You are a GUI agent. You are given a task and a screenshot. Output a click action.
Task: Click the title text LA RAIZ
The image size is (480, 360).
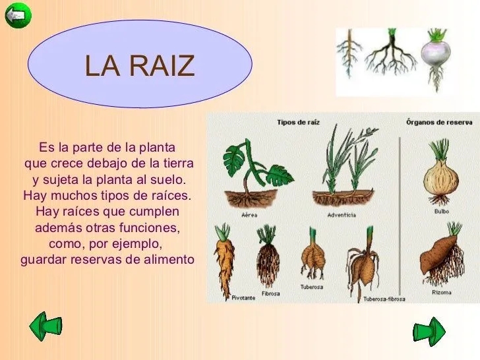click(x=140, y=65)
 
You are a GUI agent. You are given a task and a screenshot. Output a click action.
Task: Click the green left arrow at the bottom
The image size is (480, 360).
click(x=47, y=327)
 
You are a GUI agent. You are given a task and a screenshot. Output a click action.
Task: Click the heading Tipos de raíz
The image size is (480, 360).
click(x=299, y=122)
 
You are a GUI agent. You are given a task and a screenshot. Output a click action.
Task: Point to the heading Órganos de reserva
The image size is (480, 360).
click(x=438, y=122)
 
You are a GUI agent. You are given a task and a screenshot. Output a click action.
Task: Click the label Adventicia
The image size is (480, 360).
click(x=342, y=215)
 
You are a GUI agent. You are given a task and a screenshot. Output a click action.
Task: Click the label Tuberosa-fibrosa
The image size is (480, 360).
click(x=384, y=299)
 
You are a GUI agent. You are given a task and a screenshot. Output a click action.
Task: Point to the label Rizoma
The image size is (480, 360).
click(x=442, y=292)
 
